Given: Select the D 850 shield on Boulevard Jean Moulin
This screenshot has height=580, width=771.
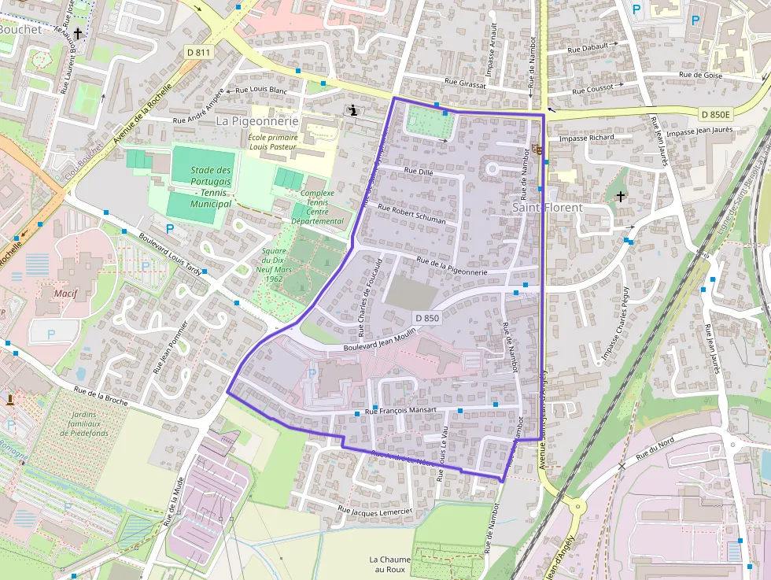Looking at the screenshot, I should click(x=426, y=318).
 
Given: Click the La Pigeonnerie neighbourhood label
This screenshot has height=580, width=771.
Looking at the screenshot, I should click(x=257, y=121).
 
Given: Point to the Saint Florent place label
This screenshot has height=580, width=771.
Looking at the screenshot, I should click(x=548, y=208).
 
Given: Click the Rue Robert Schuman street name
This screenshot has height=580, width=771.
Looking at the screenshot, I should click(x=411, y=215).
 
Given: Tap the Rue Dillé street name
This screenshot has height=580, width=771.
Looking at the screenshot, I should click(x=419, y=171).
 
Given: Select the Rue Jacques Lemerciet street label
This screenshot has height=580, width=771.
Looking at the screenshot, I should click(x=374, y=512).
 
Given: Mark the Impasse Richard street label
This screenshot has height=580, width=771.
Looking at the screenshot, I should click(x=586, y=138).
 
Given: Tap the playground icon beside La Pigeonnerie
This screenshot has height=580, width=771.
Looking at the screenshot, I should click(x=354, y=111).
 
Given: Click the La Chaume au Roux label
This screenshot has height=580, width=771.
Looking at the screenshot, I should click(x=389, y=564).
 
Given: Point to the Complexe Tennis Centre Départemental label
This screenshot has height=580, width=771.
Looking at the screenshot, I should click(x=318, y=207).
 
